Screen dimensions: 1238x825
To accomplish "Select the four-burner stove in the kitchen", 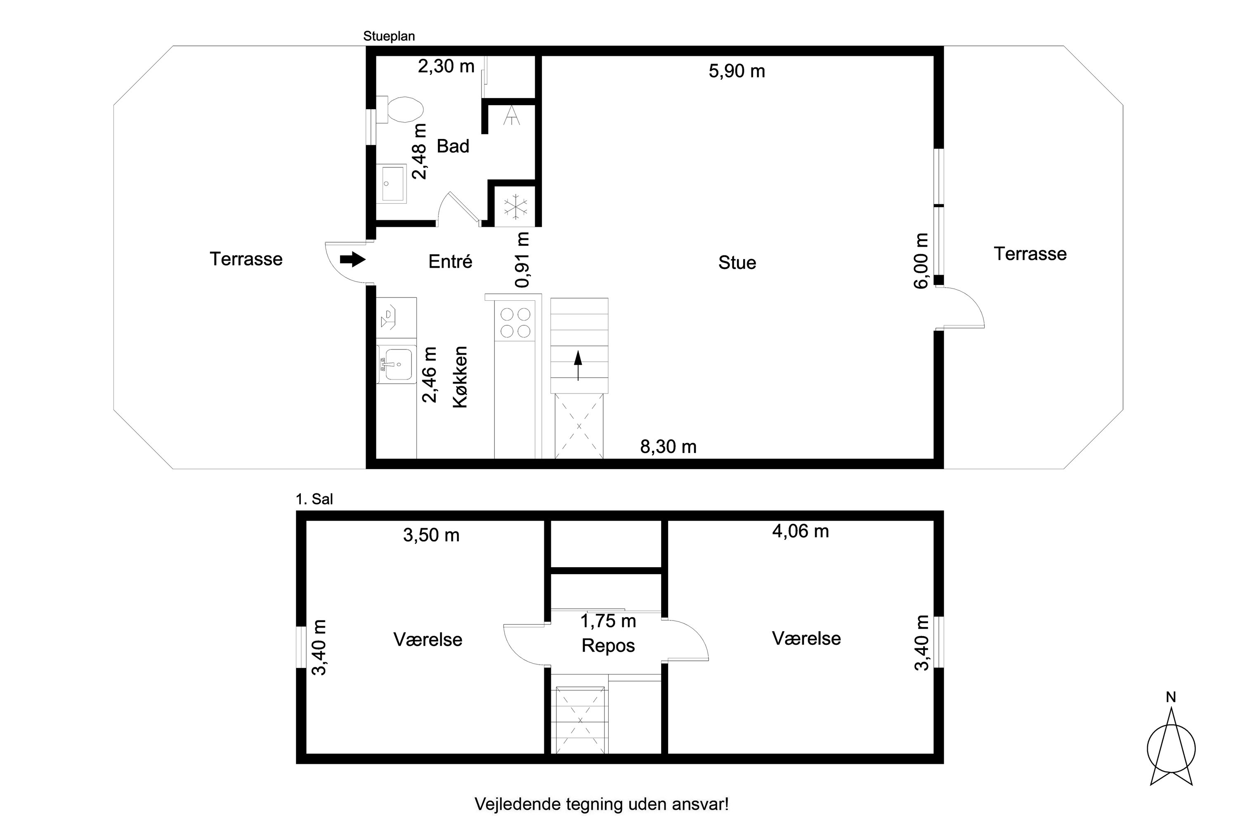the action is point(515,322).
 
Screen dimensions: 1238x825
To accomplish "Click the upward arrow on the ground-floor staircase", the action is point(578,365).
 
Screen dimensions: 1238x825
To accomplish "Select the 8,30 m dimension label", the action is point(668,447).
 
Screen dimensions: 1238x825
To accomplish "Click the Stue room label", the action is point(737,262).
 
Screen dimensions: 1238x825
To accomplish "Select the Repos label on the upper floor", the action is point(608,646).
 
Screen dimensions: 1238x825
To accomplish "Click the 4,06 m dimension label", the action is point(800,531).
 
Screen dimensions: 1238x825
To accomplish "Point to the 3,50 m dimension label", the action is point(431,535).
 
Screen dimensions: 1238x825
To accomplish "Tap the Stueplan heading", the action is point(389,36).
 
